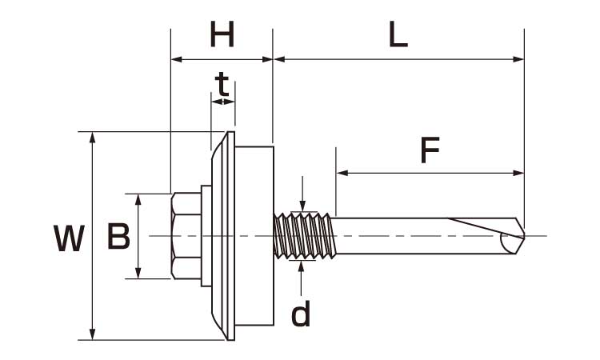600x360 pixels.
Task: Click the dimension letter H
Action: (222, 35)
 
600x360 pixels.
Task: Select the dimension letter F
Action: (430, 150)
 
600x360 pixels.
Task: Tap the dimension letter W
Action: (69, 239)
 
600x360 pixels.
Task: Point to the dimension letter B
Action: (118, 237)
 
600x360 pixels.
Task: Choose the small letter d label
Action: (301, 314)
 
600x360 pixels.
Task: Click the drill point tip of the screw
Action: (521, 235)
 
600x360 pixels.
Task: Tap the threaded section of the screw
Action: (303, 236)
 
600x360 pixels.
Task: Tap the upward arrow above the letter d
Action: (302, 266)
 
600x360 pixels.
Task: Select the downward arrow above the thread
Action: (302, 206)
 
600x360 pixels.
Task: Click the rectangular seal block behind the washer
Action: (256, 236)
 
